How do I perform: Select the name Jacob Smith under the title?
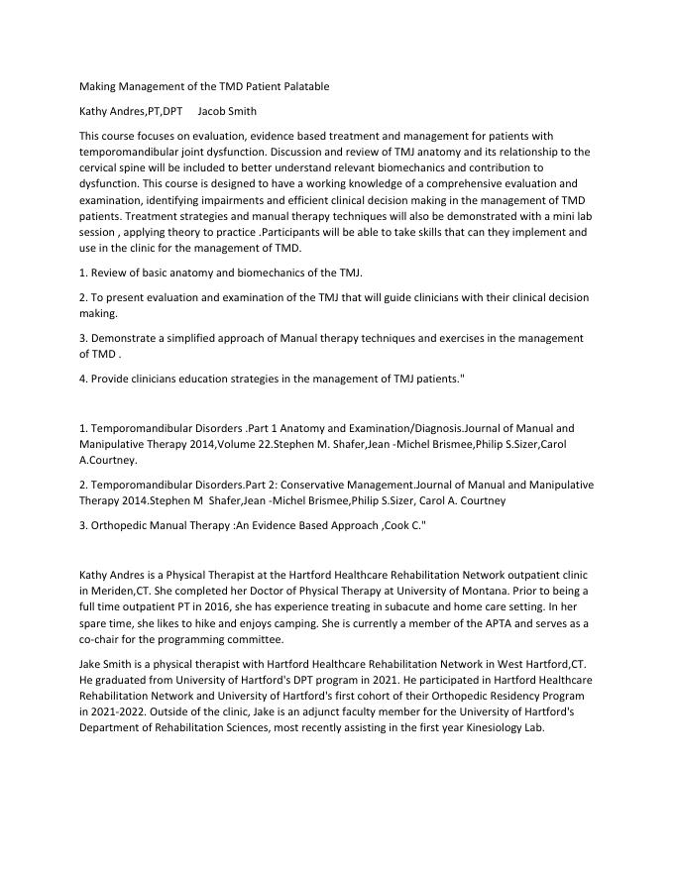227,111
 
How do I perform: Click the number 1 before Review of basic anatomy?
81,272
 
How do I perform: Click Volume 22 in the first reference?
245,444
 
